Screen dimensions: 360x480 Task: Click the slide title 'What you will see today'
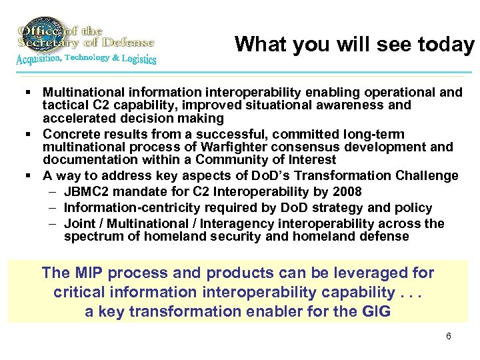(x=354, y=44)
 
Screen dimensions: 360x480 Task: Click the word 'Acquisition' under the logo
(x=37, y=59)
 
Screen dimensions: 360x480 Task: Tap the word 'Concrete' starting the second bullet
(x=69, y=134)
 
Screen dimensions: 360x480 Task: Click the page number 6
(x=448, y=336)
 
